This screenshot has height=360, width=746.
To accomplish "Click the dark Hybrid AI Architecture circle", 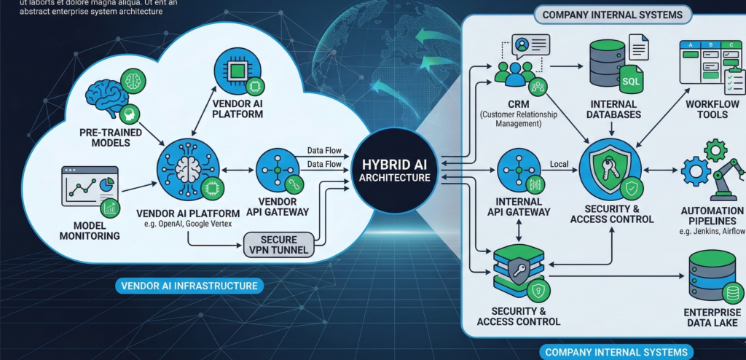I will click(x=391, y=170).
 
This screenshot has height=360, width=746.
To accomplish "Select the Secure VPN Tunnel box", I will click(x=279, y=243).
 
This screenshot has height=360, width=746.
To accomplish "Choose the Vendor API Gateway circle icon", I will click(x=277, y=170).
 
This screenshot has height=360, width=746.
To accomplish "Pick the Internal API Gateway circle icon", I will click(x=518, y=171).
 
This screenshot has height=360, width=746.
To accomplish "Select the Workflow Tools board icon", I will click(x=709, y=64).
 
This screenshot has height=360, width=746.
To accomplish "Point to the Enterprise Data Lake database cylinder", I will click(x=711, y=278).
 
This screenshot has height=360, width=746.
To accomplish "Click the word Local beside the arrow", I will click(x=559, y=164).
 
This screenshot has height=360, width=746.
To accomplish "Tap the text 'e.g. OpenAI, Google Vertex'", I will click(x=187, y=223).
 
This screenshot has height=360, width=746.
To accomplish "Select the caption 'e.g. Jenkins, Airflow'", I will click(x=713, y=231).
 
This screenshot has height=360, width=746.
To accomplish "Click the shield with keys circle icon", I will click(x=610, y=169).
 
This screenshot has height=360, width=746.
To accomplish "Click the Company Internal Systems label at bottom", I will click(x=616, y=352).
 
